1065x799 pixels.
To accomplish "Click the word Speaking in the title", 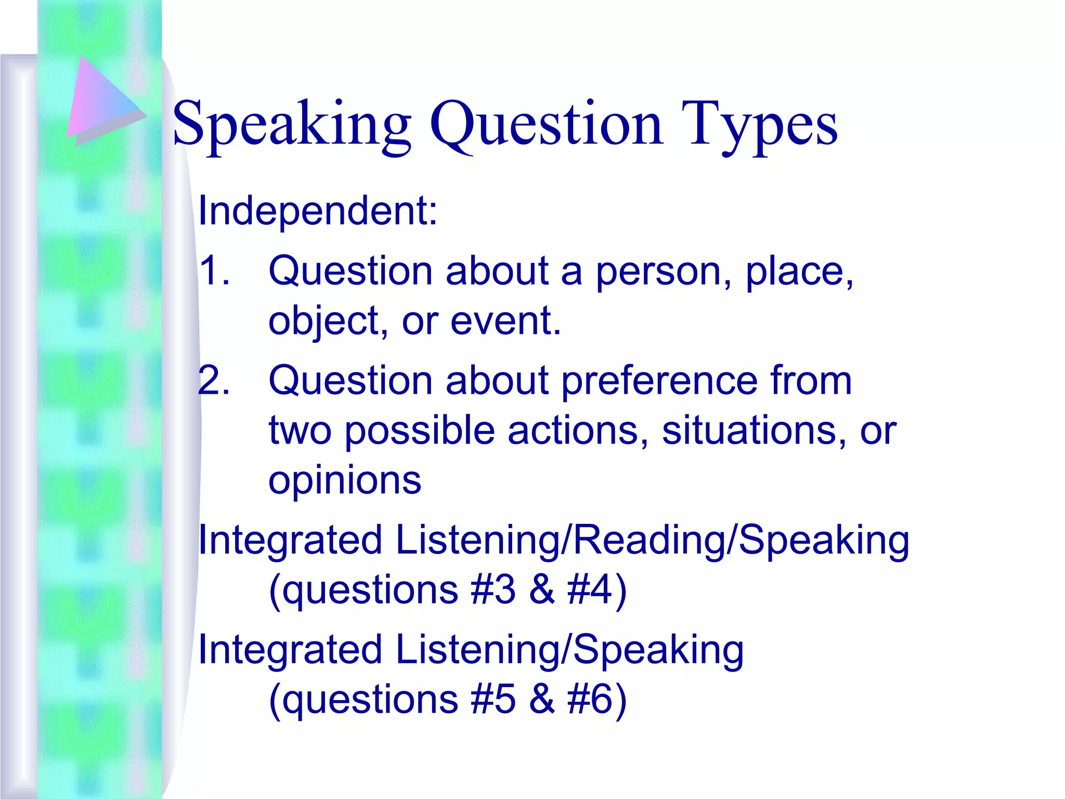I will (292, 125).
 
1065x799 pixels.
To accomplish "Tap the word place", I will (799, 272).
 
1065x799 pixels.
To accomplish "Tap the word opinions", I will (345, 481).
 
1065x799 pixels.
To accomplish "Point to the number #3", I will (493, 590).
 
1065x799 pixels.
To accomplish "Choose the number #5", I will (493, 699).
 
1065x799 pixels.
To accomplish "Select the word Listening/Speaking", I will (569, 650).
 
